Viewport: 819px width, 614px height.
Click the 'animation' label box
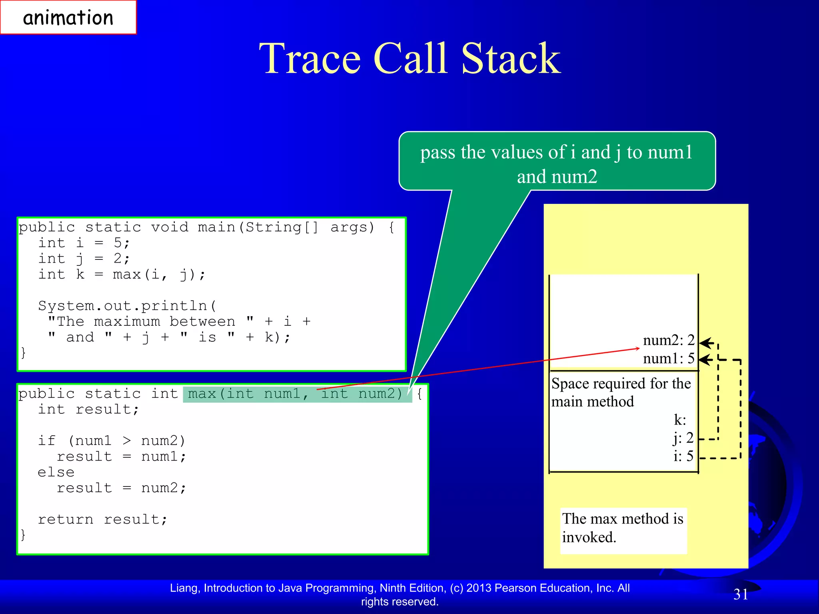[x=68, y=18]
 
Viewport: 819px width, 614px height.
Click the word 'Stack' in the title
[x=511, y=59]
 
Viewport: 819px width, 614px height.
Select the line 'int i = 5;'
[x=84, y=243]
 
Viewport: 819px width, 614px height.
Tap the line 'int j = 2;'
[x=84, y=259]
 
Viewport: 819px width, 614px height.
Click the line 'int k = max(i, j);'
[x=122, y=275]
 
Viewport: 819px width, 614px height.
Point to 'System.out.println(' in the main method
[x=127, y=306]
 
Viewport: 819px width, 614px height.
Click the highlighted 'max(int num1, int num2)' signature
[x=296, y=394]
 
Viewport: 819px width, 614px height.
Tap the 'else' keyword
[x=56, y=472]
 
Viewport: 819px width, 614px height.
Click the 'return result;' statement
[x=102, y=520]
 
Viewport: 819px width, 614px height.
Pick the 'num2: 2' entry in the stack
[x=668, y=341]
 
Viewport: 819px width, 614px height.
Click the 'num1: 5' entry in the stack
[x=668, y=359]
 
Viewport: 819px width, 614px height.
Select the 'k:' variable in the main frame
[x=680, y=420]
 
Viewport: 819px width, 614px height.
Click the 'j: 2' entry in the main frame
[x=683, y=438]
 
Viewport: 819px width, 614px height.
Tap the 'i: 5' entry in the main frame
[x=683, y=456]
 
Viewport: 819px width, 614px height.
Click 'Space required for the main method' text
[x=621, y=393]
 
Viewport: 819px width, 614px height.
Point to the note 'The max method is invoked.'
[x=623, y=528]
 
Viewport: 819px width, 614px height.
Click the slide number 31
[x=741, y=594]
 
